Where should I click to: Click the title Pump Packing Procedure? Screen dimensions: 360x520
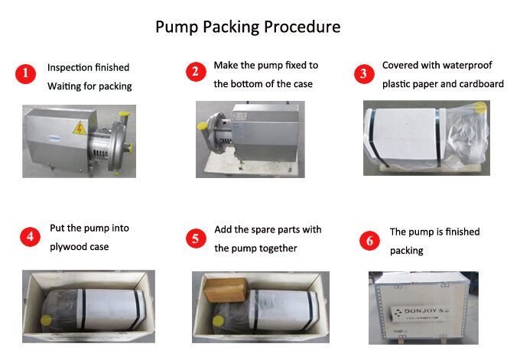tap(248, 28)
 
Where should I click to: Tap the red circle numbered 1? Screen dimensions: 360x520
tap(26, 74)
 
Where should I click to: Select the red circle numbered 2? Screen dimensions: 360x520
tap(197, 73)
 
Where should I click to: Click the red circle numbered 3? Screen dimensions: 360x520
tap(362, 74)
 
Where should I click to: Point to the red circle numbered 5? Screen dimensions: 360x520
tap(197, 238)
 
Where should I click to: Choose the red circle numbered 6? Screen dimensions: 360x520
tap(369, 241)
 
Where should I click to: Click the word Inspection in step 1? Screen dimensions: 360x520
tap(70, 67)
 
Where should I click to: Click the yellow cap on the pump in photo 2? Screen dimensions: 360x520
tap(203, 126)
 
